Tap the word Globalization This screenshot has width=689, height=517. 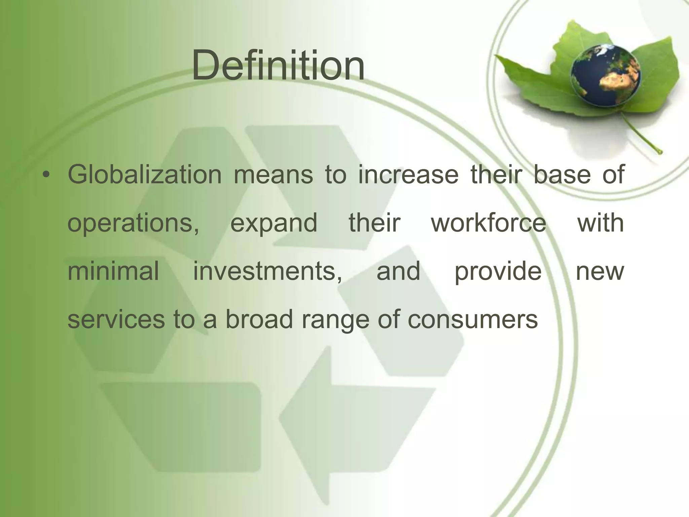tap(145, 175)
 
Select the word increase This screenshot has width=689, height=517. tap(408, 175)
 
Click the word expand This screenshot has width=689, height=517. tap(274, 223)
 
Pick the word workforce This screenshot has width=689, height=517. tap(488, 223)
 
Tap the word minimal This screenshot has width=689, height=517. tap(113, 271)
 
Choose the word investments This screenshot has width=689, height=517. tap(267, 271)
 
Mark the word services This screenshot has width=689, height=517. tap(116, 319)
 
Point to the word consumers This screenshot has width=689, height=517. tap(473, 319)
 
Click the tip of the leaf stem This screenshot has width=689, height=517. tap(660, 152)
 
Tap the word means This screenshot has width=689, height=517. tap(273, 175)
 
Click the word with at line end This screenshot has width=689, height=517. tap(601, 223)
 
